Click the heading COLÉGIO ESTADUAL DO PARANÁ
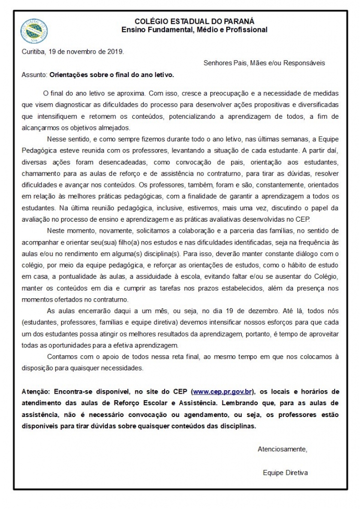pos(194,21)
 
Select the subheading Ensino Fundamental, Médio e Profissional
pos(194,30)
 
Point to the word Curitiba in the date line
pos(34,51)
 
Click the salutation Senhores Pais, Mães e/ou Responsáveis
pos(264,63)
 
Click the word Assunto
pos(34,75)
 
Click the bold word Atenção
pos(36,392)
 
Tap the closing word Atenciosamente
pos(282,449)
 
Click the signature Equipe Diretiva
pos(285,473)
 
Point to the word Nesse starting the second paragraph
pos(56,139)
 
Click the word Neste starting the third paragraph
pos(56,231)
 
